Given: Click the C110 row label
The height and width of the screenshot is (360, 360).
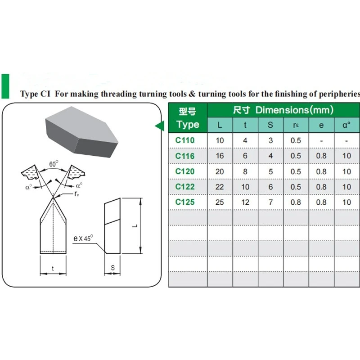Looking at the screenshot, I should (x=185, y=140).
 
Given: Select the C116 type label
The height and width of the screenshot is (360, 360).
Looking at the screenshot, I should (x=185, y=156).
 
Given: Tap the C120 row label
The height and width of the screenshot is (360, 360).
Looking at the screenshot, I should (x=185, y=171).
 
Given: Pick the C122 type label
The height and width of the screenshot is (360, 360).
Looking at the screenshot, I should (x=185, y=187).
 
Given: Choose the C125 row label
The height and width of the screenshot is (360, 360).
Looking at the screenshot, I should (x=185, y=202).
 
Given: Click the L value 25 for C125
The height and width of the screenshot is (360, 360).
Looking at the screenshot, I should (x=220, y=202).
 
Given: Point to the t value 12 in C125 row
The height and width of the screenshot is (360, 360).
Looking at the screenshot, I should (x=245, y=202).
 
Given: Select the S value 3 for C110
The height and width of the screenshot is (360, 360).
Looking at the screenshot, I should (x=270, y=140).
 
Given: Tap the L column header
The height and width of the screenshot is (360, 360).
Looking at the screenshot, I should (x=220, y=125).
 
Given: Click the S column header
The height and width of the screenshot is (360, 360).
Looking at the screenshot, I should (x=270, y=125).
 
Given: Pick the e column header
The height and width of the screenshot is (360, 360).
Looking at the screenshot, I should (x=321, y=125).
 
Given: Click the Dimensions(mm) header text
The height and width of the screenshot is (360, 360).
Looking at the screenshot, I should (x=294, y=110).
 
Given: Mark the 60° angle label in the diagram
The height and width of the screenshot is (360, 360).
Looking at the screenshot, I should (x=54, y=165).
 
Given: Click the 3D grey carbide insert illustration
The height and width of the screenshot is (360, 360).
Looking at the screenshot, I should (x=81, y=133).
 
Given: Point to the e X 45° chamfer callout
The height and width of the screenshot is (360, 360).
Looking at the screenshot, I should (x=83, y=238).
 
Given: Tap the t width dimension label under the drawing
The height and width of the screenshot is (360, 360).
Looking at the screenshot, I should (x=53, y=269).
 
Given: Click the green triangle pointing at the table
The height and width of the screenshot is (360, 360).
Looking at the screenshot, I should (x=159, y=126).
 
